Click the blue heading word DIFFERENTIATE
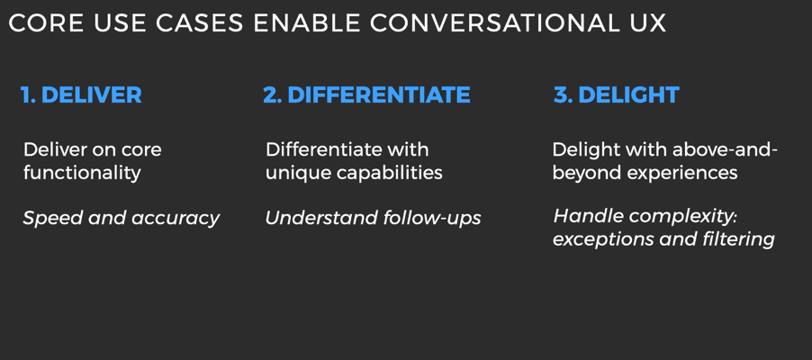click(379, 95)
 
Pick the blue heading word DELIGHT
click(628, 95)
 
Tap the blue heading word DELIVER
click(91, 95)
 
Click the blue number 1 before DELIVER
click(27, 95)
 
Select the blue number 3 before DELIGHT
click(563, 95)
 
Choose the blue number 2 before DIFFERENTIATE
click(272, 95)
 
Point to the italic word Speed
click(53, 219)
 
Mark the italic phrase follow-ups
click(432, 219)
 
